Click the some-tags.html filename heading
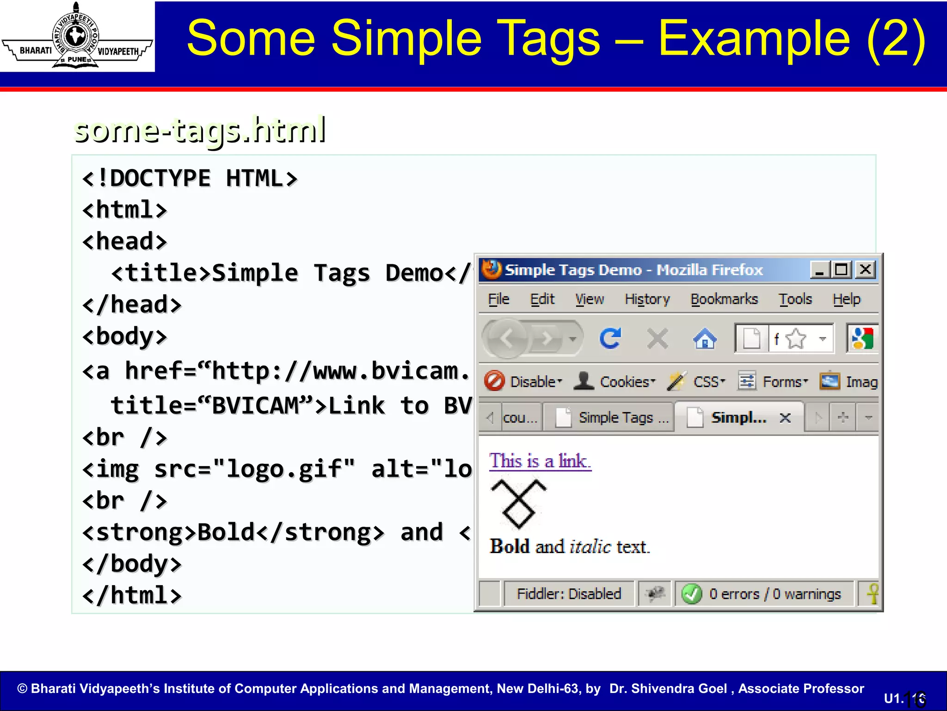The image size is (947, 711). click(x=200, y=130)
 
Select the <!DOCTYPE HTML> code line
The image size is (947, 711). click(x=190, y=179)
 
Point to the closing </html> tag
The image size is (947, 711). click(x=132, y=595)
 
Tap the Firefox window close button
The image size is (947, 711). click(x=865, y=269)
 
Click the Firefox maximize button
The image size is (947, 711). click(x=841, y=269)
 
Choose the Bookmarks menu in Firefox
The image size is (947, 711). click(x=724, y=299)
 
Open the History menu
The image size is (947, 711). click(x=647, y=299)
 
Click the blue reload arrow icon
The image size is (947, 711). click(x=610, y=339)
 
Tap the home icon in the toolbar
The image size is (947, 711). click(x=705, y=339)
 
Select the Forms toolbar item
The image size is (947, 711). click(x=781, y=382)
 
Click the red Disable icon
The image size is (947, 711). click(x=494, y=382)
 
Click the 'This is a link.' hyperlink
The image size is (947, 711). click(x=540, y=461)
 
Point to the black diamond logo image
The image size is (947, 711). click(x=518, y=504)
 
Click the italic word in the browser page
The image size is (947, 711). click(x=590, y=547)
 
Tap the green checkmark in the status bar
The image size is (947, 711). click(x=692, y=594)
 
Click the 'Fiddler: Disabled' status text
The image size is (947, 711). click(x=569, y=594)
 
